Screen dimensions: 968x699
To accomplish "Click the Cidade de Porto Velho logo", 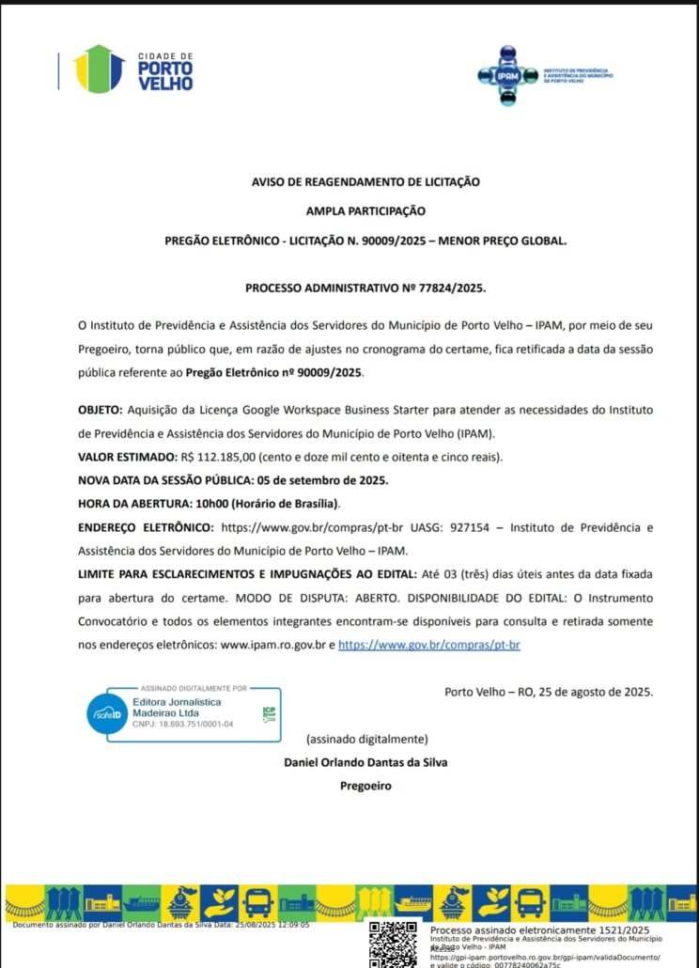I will click(132, 69).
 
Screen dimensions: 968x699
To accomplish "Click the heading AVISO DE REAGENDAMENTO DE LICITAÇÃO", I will click(365, 181).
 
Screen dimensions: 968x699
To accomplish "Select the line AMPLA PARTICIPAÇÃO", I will click(365, 211).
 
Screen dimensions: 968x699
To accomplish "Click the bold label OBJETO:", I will click(101, 411).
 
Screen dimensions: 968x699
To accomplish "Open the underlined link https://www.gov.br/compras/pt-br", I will click(428, 646).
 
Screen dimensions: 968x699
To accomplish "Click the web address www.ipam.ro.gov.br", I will click(272, 646).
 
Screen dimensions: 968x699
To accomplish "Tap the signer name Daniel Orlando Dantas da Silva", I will click(365, 762).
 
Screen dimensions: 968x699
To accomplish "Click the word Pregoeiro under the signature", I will click(365, 787).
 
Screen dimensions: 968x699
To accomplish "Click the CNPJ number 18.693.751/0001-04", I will click(183, 725).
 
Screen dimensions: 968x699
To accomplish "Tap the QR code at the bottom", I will click(393, 944).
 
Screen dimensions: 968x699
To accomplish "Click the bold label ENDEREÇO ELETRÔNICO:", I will click(146, 528).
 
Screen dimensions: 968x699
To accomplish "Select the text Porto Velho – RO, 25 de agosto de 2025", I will click(549, 692).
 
